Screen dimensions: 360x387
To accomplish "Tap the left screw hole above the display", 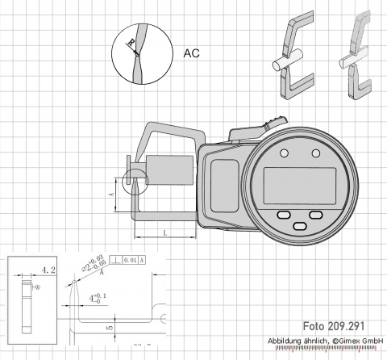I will pos(284,154).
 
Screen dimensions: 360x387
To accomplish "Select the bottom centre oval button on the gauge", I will pos(299,226).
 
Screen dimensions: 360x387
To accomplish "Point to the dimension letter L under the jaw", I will pos(164,232).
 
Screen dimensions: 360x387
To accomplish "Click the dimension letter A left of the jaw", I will pos(110,194).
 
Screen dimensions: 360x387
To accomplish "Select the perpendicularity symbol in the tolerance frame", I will pos(119,260).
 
